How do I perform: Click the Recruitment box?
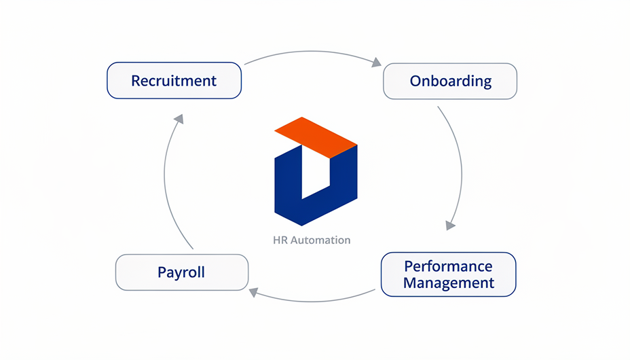174,81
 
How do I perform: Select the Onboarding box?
450,82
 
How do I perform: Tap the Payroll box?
181,272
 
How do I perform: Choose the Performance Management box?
448,274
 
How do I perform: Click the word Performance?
448,266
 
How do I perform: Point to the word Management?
448,283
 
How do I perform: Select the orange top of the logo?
316,137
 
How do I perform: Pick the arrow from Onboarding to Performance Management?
460,163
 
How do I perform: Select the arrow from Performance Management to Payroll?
312,300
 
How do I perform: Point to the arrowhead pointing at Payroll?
254,292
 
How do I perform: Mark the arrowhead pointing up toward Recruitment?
179,119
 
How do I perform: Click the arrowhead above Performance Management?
450,224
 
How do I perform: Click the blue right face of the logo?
343,183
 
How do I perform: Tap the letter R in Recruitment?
136,81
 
